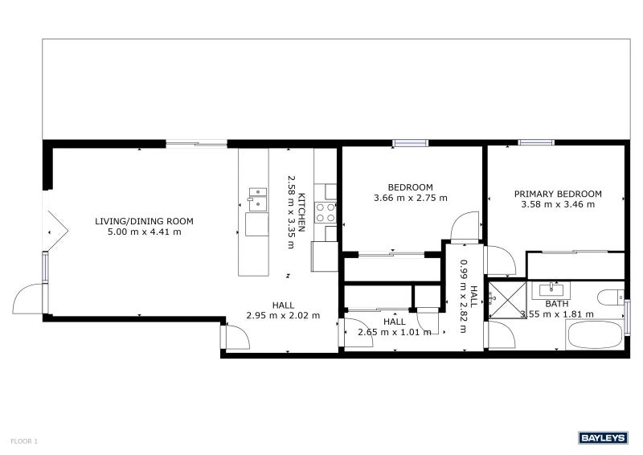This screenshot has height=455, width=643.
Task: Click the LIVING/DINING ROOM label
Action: point(144,221)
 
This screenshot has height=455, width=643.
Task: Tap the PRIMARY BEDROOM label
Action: point(558,194)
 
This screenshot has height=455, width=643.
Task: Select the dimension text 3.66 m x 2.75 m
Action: point(410,198)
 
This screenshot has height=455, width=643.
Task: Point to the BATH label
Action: point(556,304)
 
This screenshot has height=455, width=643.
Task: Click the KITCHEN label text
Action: point(301,213)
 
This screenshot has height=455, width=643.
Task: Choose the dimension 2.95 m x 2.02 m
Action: point(283,316)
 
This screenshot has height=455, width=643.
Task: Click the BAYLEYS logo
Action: point(603,437)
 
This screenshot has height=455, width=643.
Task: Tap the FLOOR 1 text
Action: point(24,441)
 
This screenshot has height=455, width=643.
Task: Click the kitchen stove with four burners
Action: point(326,212)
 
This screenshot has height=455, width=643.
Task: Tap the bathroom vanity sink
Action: point(554,290)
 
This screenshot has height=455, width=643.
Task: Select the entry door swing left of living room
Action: point(28,298)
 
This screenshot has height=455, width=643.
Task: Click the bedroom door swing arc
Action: point(465,227)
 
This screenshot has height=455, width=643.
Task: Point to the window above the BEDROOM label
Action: point(410,143)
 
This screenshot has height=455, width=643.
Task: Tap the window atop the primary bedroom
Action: point(535,142)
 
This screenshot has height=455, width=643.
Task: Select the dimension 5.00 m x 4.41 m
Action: point(144,232)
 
